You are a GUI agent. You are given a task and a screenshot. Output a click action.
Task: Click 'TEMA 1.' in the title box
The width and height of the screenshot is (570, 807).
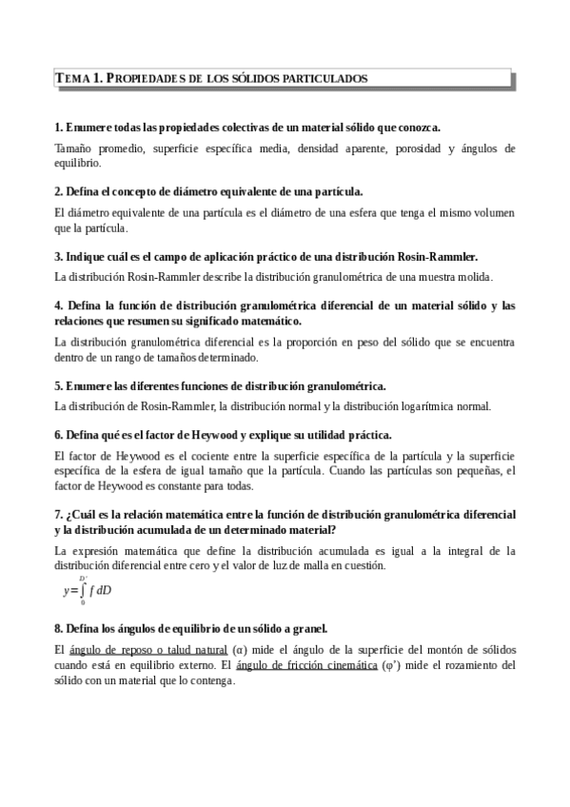click(x=78, y=79)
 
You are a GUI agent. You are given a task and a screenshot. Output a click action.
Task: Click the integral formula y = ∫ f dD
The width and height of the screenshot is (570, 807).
click(x=87, y=590)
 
